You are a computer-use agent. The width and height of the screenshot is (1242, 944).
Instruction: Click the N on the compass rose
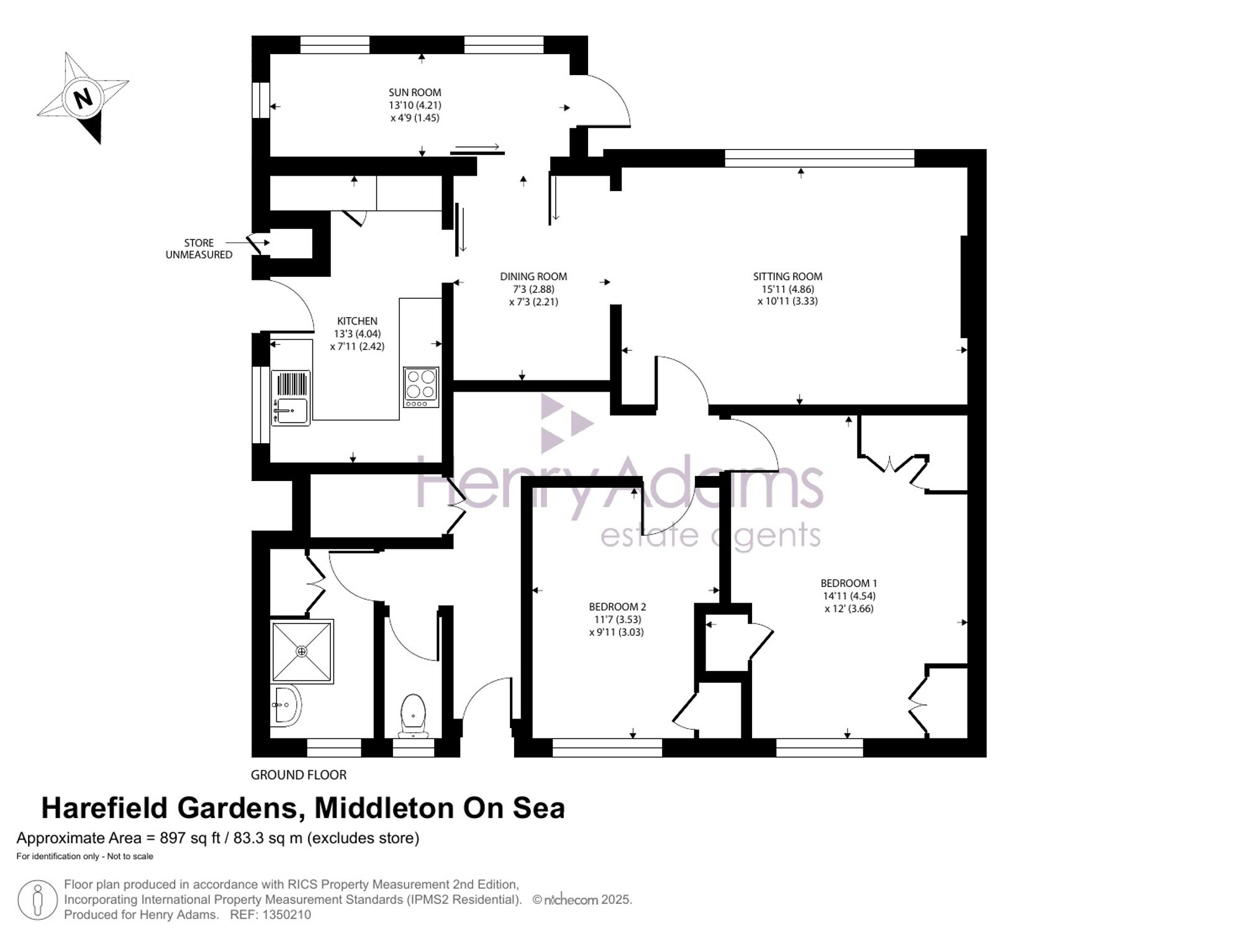tap(83, 98)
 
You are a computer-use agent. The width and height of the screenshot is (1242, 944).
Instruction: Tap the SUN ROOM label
tap(415, 92)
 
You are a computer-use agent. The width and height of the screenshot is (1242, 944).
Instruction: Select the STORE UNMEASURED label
tap(199, 249)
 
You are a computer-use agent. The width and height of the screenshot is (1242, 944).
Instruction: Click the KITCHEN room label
tap(357, 321)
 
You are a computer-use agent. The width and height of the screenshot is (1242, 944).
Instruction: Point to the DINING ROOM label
tap(533, 276)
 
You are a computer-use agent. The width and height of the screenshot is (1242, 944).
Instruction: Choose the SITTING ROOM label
tap(787, 276)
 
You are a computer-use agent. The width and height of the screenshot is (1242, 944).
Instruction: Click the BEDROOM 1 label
tap(849, 583)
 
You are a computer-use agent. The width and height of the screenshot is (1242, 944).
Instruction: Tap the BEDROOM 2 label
tap(617, 607)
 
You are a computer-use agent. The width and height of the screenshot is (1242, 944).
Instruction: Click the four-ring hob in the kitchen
tap(421, 387)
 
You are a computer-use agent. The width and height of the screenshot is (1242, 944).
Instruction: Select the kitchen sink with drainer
tap(291, 398)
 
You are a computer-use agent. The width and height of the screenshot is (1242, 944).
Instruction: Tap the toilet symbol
tap(413, 716)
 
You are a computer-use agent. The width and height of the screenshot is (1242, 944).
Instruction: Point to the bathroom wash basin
tap(286, 706)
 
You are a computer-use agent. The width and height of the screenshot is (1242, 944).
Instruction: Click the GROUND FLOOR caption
tap(299, 775)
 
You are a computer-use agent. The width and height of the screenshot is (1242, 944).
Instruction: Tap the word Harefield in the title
tap(105, 808)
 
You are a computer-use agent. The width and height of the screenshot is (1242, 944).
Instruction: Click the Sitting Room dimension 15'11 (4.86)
tap(787, 289)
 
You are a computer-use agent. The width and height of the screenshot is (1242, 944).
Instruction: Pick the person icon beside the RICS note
tap(38, 901)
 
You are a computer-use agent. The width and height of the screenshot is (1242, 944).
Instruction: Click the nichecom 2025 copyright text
tap(582, 900)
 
